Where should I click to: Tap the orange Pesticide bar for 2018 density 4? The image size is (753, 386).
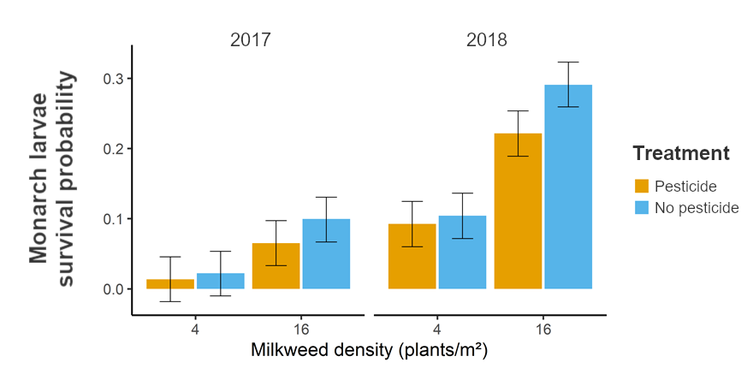point(412,257)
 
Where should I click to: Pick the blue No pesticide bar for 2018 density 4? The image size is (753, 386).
point(462,252)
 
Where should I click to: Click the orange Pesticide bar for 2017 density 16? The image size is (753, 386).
point(276,266)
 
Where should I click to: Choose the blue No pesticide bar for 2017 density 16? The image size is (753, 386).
point(326,254)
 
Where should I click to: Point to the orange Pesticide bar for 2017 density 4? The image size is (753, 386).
point(169,284)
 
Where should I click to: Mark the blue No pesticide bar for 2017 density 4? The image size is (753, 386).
point(220,282)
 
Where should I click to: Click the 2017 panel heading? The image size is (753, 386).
point(250,40)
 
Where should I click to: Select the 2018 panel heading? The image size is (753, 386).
point(487,40)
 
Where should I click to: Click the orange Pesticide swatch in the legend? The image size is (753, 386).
point(642,187)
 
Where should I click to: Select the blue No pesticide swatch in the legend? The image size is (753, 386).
point(642,208)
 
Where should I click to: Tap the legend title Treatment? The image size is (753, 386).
point(680,154)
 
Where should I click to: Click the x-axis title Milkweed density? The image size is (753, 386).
point(369,351)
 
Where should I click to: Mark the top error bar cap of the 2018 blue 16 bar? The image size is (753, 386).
point(568,62)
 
